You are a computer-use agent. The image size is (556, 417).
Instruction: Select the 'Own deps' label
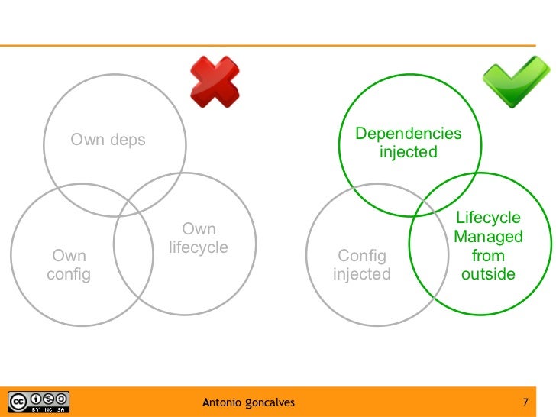(108, 140)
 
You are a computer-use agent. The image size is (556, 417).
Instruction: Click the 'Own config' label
(69, 265)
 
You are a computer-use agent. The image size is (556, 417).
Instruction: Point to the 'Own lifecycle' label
(199, 238)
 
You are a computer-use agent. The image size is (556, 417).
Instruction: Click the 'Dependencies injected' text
(409, 143)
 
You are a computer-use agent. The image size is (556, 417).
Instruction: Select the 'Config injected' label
(362, 265)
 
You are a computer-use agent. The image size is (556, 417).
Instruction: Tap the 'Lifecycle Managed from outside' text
(488, 246)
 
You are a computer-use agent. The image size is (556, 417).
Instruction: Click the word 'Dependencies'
(409, 134)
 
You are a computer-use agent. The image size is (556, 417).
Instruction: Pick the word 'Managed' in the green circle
(488, 237)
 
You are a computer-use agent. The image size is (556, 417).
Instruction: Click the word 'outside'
(488, 274)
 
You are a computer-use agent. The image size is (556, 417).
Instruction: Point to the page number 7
(525, 402)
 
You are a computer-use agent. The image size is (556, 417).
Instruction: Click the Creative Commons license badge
(38, 402)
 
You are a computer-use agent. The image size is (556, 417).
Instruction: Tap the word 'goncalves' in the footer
(270, 402)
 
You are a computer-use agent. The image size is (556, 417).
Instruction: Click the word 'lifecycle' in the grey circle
(199, 247)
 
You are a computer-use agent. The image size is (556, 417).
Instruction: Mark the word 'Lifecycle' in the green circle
(488, 218)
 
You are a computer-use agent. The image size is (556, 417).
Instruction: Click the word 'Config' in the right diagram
(362, 256)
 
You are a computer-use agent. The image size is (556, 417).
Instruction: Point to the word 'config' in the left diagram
(69, 274)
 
